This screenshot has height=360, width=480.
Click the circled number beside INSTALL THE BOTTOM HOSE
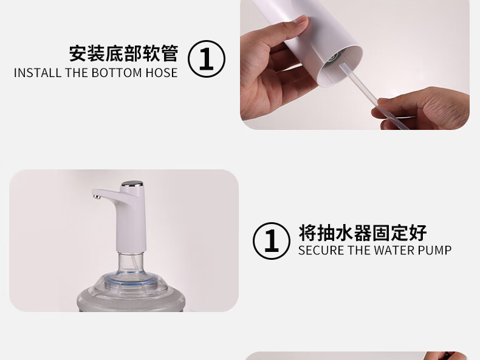point(207,59)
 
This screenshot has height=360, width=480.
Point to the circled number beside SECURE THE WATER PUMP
point(272,241)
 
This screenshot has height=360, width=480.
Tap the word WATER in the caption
point(394,251)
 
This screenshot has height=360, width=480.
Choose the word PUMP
point(434,251)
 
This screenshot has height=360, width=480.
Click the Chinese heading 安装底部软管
point(123,53)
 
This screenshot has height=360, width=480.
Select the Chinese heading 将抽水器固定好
point(363,233)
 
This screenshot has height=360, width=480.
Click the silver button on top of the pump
point(132,184)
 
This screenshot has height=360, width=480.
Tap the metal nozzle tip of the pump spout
point(97,196)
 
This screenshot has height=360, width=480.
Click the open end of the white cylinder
point(339,66)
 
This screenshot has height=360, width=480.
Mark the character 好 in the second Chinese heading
point(418,233)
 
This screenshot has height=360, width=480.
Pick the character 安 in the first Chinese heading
point(78,53)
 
